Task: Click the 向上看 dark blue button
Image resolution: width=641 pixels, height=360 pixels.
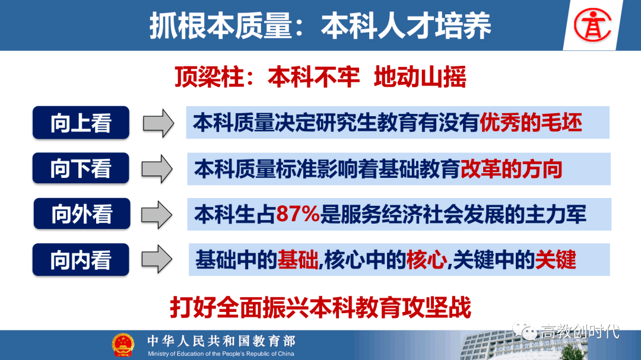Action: (81, 123)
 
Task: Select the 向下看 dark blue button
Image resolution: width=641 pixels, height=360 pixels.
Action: (81, 168)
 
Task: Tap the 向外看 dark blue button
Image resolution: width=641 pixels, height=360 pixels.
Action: (82, 214)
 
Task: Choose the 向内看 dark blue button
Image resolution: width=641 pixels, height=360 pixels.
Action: (81, 260)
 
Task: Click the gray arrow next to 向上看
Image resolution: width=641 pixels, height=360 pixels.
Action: (158, 123)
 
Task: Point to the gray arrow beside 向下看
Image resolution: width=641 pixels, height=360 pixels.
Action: (157, 169)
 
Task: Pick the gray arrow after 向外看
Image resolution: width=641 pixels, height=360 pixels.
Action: (157, 215)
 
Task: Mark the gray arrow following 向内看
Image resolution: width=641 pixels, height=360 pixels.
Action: (157, 259)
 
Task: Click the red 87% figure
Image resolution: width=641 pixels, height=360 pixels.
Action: (297, 214)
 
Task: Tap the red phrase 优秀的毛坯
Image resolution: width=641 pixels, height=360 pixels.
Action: (531, 123)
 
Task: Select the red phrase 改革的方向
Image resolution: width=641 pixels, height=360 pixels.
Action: (512, 169)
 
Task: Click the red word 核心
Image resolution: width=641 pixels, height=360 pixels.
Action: (426, 260)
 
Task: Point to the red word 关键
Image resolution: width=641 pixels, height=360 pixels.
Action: (556, 260)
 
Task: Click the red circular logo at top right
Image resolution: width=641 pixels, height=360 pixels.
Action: (592, 26)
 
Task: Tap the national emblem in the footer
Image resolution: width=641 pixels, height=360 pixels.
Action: (123, 345)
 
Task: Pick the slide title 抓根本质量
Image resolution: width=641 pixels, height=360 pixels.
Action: (221, 26)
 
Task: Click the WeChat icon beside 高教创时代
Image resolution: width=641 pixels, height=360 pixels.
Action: (525, 330)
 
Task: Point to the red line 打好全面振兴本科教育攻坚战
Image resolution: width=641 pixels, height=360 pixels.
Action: (320, 307)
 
